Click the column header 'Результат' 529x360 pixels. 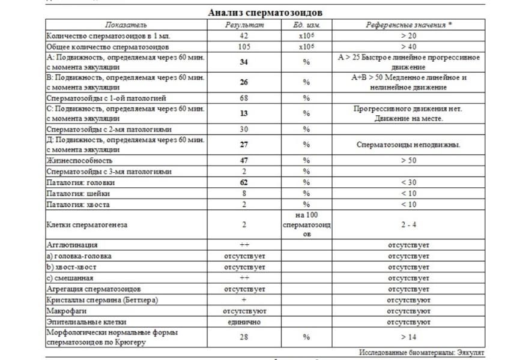click(x=244, y=25)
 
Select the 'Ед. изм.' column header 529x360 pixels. click(x=306, y=25)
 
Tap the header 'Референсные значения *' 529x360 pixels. click(x=408, y=25)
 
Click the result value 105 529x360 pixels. click(x=244, y=47)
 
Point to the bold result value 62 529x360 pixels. click(x=244, y=182)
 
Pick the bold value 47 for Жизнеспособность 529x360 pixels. click(x=244, y=161)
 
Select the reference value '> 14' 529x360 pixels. click(x=408, y=337)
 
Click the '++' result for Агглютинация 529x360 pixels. click(x=244, y=245)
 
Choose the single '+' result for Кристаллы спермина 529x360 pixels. click(x=244, y=300)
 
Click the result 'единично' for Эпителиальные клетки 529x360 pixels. click(x=244, y=322)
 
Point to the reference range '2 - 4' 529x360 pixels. click(x=408, y=226)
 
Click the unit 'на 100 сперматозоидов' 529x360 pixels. click(x=306, y=225)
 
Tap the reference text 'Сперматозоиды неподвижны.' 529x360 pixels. click(x=408, y=145)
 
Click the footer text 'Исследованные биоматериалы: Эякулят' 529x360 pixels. click(x=422, y=352)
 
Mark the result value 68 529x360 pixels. click(x=244, y=97)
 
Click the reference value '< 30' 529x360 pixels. click(x=408, y=182)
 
